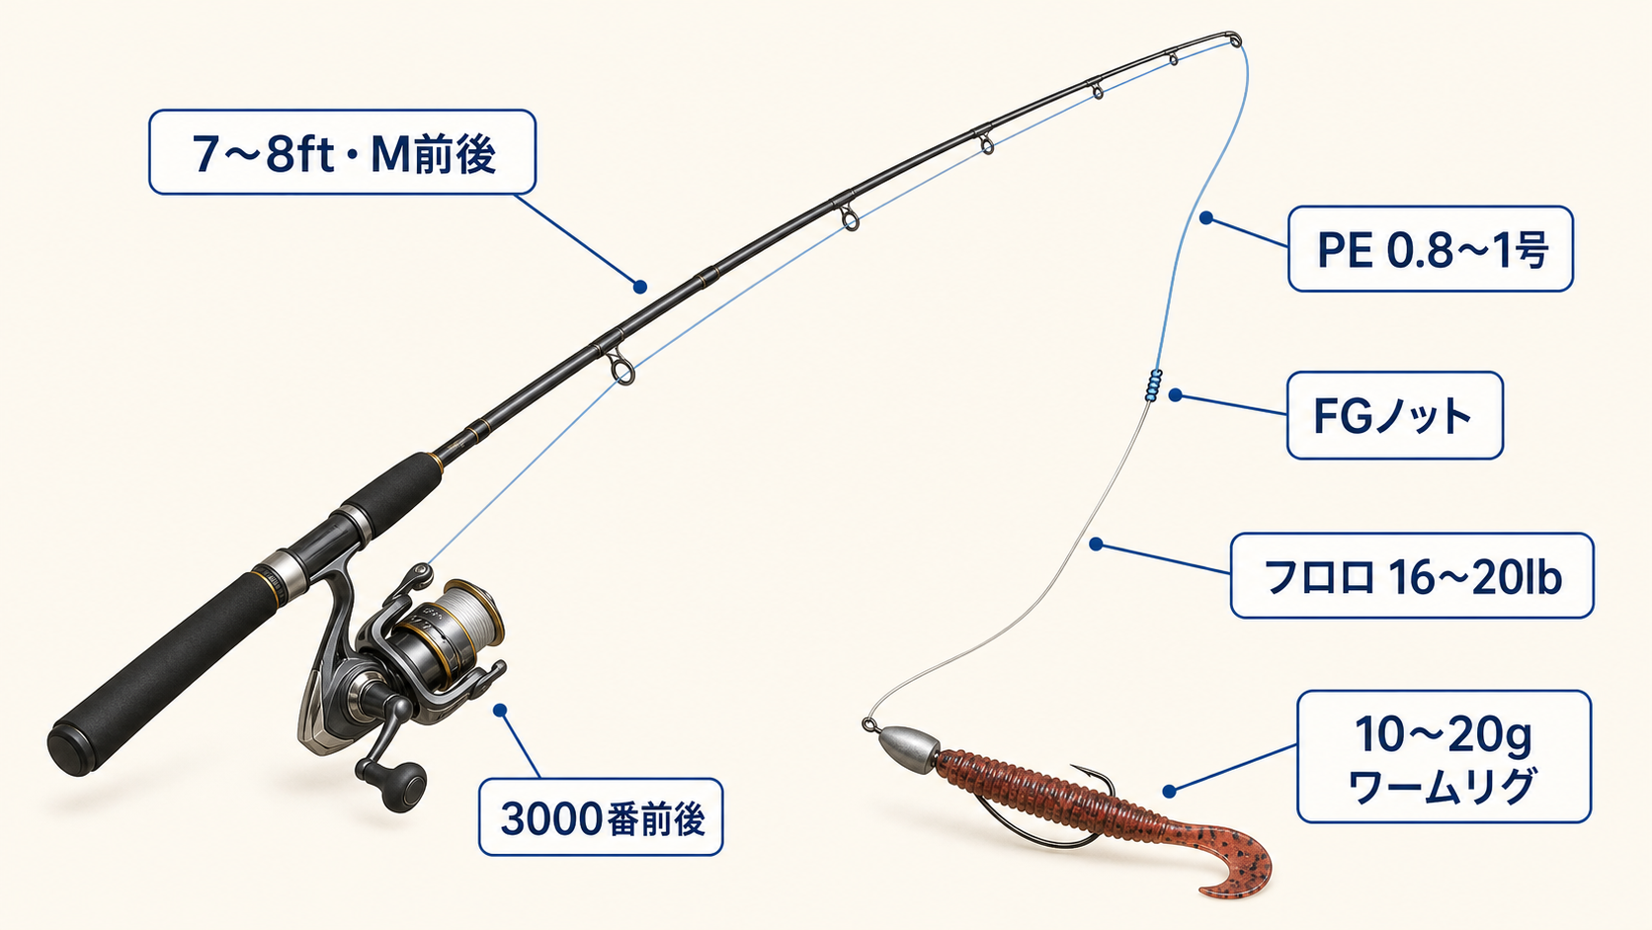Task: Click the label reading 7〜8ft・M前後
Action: (342, 152)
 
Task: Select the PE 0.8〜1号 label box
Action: (1431, 248)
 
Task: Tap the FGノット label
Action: (1394, 415)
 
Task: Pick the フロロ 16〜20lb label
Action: (1412, 575)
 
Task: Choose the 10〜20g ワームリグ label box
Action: (1445, 756)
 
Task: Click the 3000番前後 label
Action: (601, 817)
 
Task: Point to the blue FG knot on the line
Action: (1153, 385)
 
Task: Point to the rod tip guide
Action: (1235, 40)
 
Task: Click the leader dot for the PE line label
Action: (1206, 217)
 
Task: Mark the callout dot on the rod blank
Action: (640, 287)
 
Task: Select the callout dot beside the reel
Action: (500, 711)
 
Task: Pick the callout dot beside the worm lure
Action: (1169, 792)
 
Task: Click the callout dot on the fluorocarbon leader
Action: (1096, 545)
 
